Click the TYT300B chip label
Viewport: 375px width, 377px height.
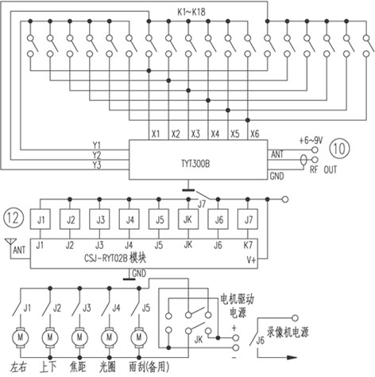coord(195,164)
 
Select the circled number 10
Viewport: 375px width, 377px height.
coord(339,149)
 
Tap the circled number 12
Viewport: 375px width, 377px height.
coord(14,218)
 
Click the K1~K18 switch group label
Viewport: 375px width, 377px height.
coord(191,12)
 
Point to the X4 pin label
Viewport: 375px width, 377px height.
coord(215,134)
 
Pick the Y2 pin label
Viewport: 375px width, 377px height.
coord(97,155)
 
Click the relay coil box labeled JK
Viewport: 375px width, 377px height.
coord(188,220)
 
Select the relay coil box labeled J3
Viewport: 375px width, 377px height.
coord(99,220)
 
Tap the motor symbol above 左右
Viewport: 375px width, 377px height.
coord(20,337)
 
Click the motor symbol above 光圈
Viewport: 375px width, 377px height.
coord(109,337)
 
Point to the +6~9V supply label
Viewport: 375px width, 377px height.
coord(311,140)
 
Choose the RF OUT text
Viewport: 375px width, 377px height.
coord(323,169)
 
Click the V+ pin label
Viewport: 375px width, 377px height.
coord(251,260)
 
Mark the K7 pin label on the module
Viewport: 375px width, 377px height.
coord(248,245)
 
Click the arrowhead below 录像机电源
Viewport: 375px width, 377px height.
coord(292,357)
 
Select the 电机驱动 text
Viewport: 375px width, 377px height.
coord(238,299)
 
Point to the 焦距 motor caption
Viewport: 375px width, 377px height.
coord(78,367)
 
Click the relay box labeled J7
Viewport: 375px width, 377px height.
coord(248,220)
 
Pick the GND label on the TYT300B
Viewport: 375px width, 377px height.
coord(276,176)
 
